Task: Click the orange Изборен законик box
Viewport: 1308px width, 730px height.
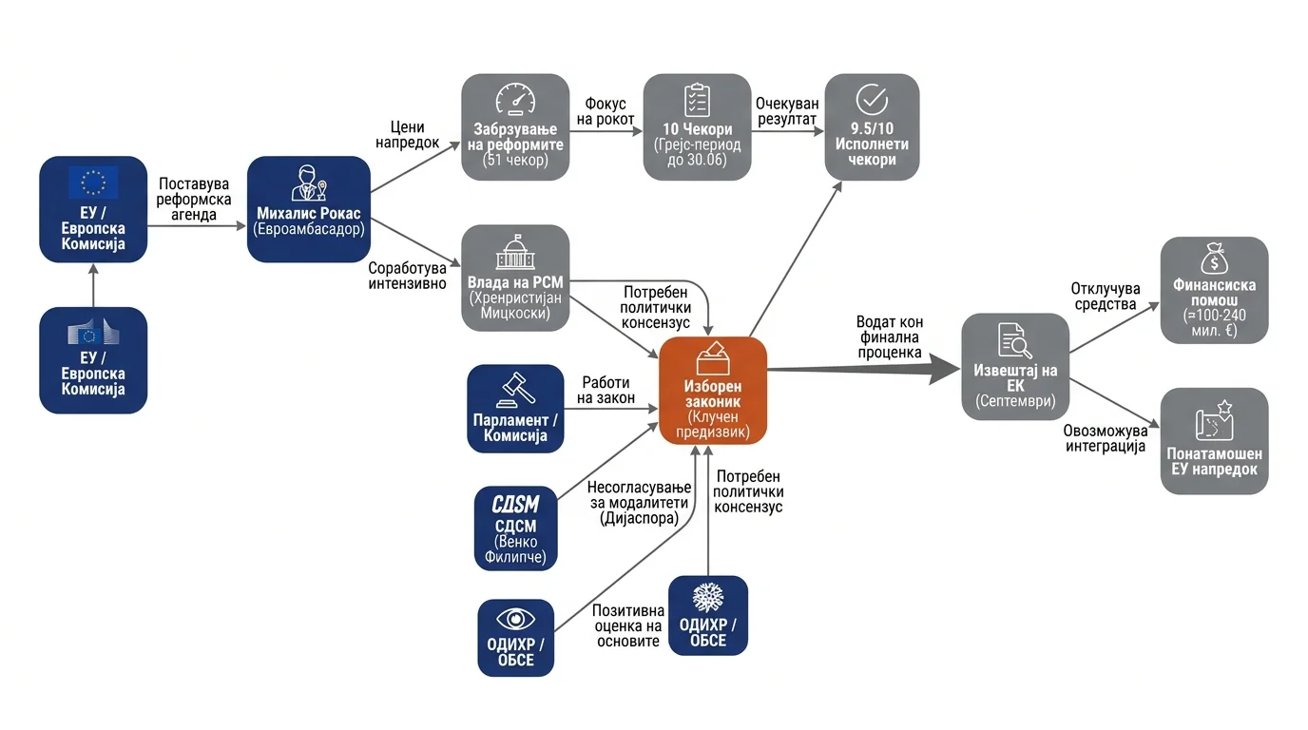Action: coord(713,391)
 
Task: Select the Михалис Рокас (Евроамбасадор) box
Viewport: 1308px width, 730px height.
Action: coord(309,209)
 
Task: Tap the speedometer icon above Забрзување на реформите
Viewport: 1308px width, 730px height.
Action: coord(515,99)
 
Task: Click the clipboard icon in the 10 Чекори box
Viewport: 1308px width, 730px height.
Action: coord(697,100)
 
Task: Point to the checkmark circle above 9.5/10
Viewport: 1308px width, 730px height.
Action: coord(872,99)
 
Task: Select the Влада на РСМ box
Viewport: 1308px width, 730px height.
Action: coord(515,278)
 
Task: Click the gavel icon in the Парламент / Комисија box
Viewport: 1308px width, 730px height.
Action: coord(515,390)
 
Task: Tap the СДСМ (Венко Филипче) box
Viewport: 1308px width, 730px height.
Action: coord(515,528)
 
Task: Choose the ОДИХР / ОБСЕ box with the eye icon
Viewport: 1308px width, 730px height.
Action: coord(515,638)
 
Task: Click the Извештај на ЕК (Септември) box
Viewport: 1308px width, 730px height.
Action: coord(1015,367)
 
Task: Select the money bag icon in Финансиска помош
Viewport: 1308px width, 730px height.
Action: coord(1214,259)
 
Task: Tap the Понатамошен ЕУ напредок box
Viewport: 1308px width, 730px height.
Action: coord(1215,441)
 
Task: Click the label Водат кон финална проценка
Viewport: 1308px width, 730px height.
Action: coord(890,337)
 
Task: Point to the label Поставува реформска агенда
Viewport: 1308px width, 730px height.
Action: coord(194,200)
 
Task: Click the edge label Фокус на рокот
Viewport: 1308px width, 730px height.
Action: coord(606,111)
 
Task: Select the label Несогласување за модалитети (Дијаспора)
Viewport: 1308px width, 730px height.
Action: coord(640,502)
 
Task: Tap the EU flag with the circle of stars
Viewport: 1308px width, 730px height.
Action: coord(93,182)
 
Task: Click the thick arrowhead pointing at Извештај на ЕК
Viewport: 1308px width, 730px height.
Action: coord(944,369)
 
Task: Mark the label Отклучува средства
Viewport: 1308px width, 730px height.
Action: coord(1106,297)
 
